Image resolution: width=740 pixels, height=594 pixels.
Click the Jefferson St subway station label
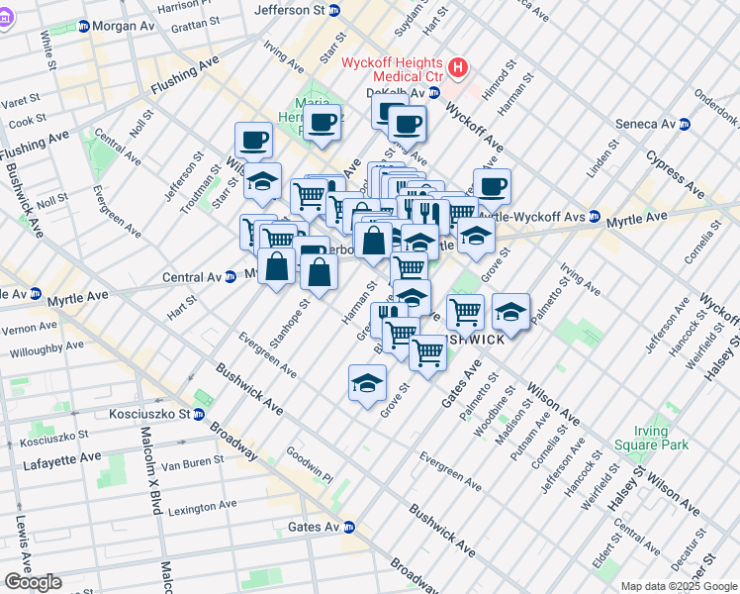290,10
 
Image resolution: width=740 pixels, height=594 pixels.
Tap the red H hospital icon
457,68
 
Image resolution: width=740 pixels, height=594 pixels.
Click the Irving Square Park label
663,439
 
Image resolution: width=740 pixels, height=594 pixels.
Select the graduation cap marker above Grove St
367,383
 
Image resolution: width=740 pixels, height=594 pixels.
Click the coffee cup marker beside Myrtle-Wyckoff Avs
492,185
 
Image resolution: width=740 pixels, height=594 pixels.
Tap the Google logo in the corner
33,582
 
